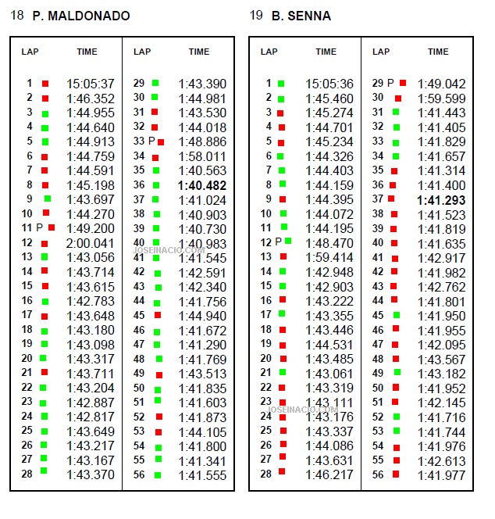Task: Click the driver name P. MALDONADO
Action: click(81, 16)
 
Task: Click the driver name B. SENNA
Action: click(301, 16)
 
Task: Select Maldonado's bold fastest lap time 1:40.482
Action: click(202, 185)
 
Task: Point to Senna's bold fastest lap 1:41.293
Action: click(441, 200)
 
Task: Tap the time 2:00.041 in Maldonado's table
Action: click(90, 243)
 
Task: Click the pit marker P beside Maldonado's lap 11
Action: click(40, 227)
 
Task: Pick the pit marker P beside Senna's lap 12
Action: click(279, 242)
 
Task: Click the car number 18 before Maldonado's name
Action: click(17, 15)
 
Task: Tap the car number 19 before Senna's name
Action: click(256, 15)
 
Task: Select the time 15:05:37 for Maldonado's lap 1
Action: click(91, 84)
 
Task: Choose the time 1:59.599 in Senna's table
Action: click(441, 98)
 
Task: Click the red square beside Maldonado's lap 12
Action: click(45, 244)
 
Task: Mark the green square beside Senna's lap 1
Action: click(281, 84)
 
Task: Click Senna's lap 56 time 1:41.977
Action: click(441, 476)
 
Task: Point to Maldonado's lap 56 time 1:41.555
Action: click(202, 476)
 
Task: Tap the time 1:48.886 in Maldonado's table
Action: click(202, 142)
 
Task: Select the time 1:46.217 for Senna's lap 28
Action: click(329, 475)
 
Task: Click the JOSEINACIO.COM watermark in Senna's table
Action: click(302, 410)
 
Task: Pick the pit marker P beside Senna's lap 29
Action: click(390, 83)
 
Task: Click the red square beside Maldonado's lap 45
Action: click(158, 315)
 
